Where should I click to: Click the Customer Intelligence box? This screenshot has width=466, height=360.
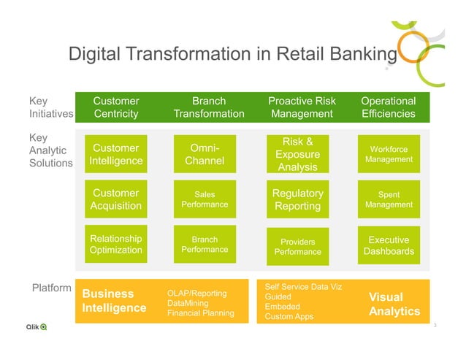[x=116, y=154]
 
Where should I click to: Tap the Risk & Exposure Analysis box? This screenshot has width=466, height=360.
[x=298, y=155]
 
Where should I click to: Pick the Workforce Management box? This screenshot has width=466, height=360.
[x=389, y=154]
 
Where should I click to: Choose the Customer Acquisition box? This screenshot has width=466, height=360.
[x=116, y=199]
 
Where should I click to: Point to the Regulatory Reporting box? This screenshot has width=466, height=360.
[x=298, y=199]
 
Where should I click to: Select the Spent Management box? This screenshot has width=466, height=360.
[x=389, y=199]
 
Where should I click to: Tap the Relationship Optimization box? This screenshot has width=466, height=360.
[x=116, y=245]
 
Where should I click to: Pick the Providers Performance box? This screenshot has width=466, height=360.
[x=298, y=246]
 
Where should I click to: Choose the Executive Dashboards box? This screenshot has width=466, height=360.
[x=389, y=245]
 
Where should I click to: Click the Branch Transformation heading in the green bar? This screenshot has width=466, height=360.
[x=209, y=107]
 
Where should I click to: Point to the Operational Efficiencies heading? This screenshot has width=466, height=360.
[x=389, y=107]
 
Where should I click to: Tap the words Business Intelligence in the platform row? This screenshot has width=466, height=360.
[x=114, y=301]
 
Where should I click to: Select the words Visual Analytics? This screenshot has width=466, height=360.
[x=394, y=305]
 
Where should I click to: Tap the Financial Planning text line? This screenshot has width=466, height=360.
[x=201, y=313]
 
